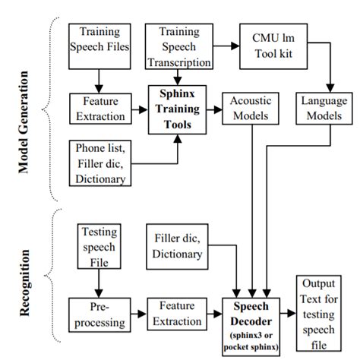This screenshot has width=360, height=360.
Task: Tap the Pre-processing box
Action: [97, 316]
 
